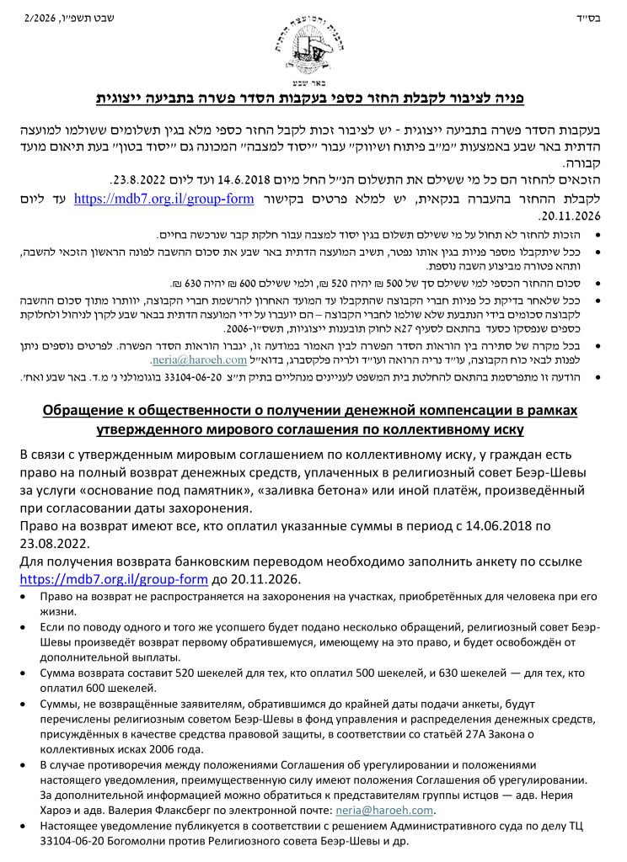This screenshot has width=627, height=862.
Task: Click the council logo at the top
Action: (x=313, y=39)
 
